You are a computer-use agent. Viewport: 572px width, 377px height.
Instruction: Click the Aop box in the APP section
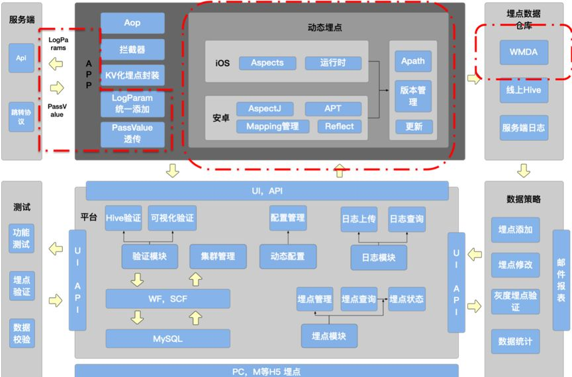132,23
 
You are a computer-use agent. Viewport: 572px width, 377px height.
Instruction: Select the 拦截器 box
132,50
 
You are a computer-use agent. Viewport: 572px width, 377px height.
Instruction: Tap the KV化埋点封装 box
132,75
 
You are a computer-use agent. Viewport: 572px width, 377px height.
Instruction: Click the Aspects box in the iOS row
267,63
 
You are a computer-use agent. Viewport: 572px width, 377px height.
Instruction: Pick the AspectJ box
265,108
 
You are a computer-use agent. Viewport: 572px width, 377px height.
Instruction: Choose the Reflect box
340,126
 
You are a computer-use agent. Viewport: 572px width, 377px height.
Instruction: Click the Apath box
413,62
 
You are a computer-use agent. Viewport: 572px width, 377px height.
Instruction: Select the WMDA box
524,52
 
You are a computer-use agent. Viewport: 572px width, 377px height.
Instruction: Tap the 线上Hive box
524,91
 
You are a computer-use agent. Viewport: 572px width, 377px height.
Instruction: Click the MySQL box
167,339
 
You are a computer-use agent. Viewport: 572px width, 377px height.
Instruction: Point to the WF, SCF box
167,299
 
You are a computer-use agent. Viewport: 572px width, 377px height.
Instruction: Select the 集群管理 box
218,257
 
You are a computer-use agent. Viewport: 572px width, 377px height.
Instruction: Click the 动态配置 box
288,257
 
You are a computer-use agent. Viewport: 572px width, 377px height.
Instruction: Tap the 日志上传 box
359,219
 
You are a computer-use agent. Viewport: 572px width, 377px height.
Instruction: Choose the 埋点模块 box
329,336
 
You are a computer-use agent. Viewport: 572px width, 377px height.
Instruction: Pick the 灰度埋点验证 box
515,302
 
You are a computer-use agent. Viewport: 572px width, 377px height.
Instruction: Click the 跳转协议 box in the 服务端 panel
21,117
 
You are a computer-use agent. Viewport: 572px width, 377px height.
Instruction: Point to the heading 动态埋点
325,28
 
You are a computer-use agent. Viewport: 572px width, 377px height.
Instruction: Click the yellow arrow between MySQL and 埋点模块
195,319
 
